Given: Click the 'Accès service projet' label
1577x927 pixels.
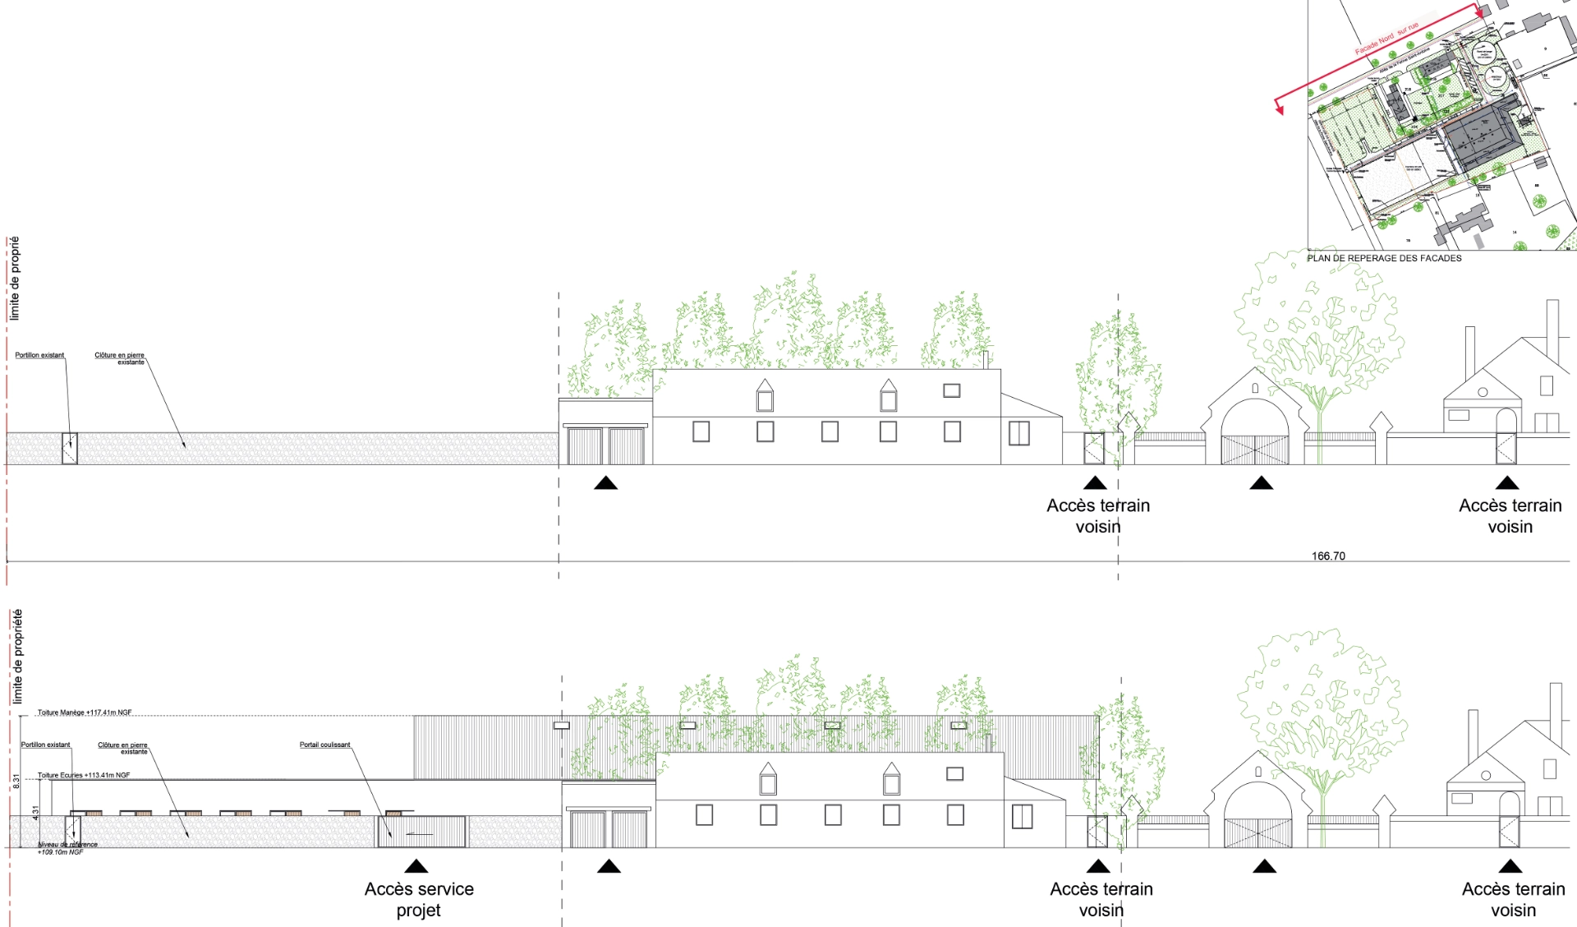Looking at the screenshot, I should [419, 899].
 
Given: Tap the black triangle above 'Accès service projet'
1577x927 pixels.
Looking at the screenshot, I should [416, 866].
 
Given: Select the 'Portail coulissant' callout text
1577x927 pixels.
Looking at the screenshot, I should [324, 745].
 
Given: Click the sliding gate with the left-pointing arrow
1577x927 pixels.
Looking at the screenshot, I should [421, 832].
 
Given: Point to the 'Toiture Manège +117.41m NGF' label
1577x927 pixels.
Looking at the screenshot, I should [85, 713].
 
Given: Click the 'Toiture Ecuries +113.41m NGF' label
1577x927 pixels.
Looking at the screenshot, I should [84, 775].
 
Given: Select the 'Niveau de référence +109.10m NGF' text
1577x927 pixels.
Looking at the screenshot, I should [66, 848].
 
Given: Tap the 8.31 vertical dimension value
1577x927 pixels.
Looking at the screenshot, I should [16, 782].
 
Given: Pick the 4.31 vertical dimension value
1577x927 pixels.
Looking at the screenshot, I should [35, 812].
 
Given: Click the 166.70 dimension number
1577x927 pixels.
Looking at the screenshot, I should [1328, 556].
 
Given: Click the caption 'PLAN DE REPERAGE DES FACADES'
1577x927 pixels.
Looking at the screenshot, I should [1384, 258].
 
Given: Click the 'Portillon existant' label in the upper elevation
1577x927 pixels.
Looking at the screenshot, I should [39, 355].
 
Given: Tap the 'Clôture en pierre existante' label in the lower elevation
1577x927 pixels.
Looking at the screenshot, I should [122, 748].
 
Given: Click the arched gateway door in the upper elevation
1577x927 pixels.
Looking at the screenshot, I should [1254, 449].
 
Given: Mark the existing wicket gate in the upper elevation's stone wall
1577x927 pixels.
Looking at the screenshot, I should [70, 449].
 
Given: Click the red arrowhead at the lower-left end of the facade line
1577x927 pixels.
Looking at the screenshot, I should [1279, 108].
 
